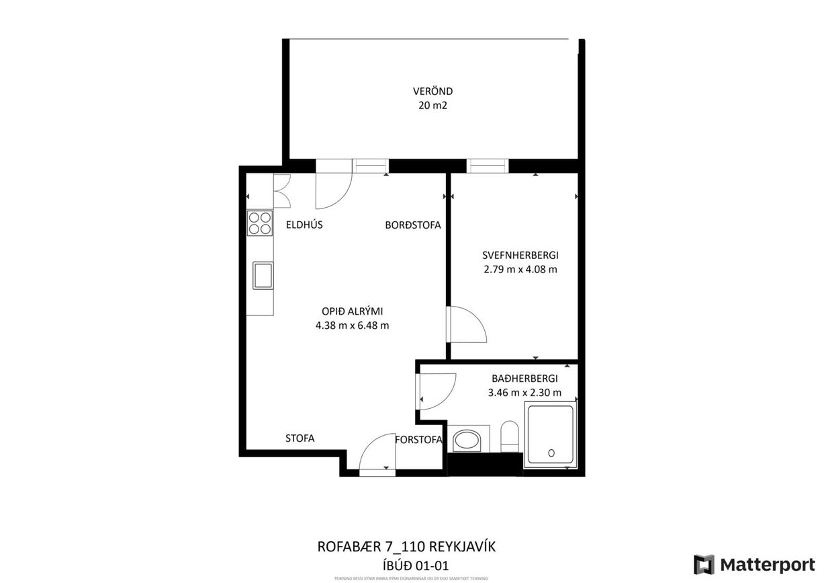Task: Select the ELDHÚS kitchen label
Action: [x=304, y=225]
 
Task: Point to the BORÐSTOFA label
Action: [x=412, y=225]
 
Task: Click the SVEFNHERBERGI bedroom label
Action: [x=520, y=256]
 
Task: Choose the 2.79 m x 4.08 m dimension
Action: [x=520, y=270]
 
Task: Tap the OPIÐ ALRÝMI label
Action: [x=352, y=311]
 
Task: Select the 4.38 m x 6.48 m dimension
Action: [x=352, y=325]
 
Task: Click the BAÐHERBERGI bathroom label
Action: [x=524, y=379]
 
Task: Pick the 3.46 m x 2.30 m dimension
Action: [x=524, y=393]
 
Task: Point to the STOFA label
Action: [x=300, y=438]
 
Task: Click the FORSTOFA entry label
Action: [x=419, y=440]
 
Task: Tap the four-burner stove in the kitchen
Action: [x=260, y=223]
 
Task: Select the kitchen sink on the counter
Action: [x=263, y=275]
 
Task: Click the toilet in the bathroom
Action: [x=510, y=437]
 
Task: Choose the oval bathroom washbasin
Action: [x=467, y=442]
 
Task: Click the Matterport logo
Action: [x=754, y=563]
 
